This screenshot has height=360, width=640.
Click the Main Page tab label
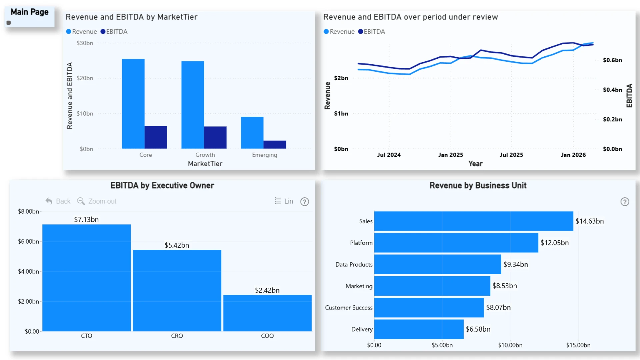tap(29, 12)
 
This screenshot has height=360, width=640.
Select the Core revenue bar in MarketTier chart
tap(133, 104)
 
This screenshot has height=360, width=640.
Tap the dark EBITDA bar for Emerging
tap(275, 144)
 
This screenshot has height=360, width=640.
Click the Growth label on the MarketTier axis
tap(205, 155)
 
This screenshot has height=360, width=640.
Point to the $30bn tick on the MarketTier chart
tap(85, 43)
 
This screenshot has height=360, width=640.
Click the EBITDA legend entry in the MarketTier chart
tap(114, 32)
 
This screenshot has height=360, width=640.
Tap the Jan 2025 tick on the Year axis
tap(450, 155)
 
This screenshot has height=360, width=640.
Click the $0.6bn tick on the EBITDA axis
tap(612, 60)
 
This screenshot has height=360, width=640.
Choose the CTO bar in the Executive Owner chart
tap(86, 278)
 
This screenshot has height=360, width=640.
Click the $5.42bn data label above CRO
tap(177, 245)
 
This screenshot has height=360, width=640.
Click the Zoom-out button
tap(97, 201)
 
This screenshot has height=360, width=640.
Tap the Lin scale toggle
tap(284, 201)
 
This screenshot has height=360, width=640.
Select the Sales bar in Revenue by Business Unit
tap(473, 221)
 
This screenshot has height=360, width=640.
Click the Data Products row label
tap(354, 264)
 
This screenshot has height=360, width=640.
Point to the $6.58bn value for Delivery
tap(478, 329)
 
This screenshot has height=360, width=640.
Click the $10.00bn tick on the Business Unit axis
tap(510, 345)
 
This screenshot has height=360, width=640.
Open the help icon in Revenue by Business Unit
tap(625, 202)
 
